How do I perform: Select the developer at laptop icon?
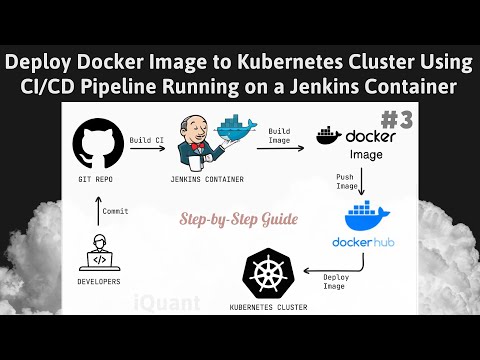coord(99,252)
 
